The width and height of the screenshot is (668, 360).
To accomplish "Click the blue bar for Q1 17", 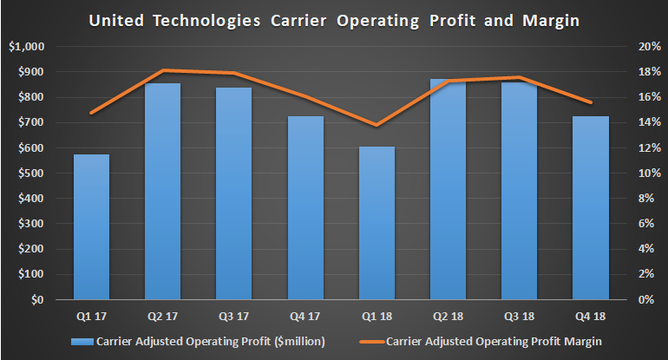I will click(x=91, y=227).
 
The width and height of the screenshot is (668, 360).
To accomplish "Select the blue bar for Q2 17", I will click(x=162, y=192).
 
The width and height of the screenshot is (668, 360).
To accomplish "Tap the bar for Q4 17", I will click(x=305, y=208).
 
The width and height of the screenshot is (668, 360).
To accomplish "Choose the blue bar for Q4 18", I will click(x=591, y=208).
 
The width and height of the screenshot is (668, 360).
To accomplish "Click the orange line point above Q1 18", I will click(x=377, y=126).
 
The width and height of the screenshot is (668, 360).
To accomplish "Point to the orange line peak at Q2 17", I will click(x=162, y=70).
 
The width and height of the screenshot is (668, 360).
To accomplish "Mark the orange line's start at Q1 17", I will click(x=91, y=113).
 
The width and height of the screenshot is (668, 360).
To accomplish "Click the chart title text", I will click(x=334, y=18).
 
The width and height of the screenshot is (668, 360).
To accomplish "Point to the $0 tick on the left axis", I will click(x=36, y=300).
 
